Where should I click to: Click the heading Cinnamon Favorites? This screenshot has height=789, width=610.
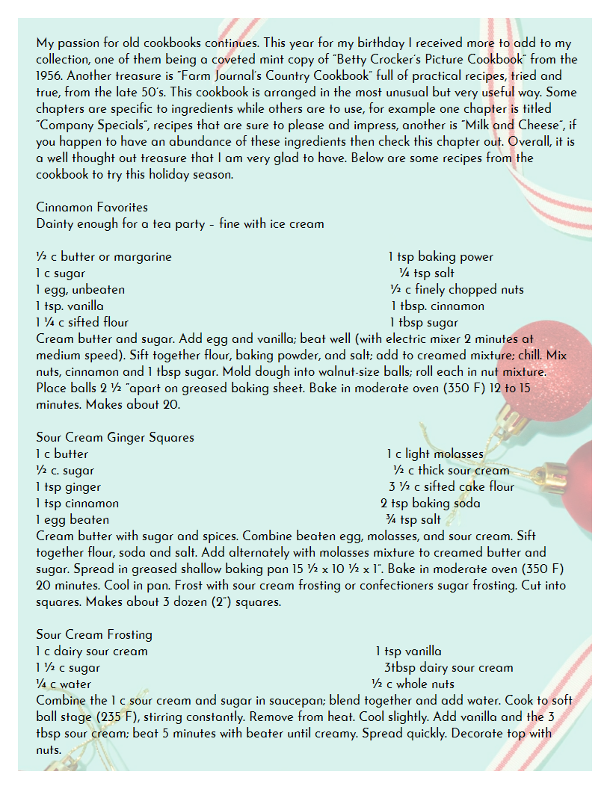point(92,207)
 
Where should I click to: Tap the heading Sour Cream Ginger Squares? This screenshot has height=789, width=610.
point(114,437)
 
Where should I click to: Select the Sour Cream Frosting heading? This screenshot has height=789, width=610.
point(94,634)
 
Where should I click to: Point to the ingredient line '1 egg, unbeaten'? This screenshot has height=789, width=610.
point(80,289)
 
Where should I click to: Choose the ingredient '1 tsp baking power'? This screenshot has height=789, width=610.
point(441,256)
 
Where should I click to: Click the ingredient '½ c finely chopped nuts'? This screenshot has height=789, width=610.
point(457,289)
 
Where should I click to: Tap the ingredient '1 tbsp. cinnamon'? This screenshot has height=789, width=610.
point(437,306)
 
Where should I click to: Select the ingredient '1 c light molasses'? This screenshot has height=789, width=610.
point(435,454)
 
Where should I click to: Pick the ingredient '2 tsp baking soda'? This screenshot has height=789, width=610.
point(431,503)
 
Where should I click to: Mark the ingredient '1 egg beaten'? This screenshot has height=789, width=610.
point(73,519)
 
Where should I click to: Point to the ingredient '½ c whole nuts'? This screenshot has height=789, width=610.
point(413,684)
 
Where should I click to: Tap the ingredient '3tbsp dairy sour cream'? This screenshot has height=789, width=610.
point(449,667)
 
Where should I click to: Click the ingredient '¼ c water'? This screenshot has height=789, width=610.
point(64,684)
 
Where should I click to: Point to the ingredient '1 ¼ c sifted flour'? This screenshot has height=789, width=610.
point(82,322)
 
